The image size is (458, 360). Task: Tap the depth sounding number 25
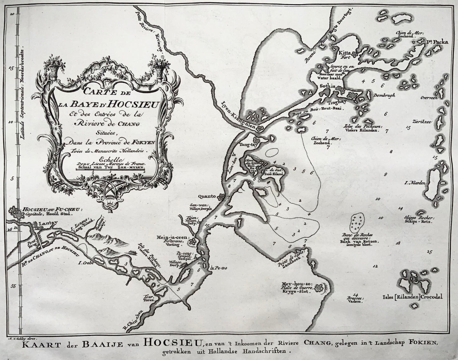tap(429, 252)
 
